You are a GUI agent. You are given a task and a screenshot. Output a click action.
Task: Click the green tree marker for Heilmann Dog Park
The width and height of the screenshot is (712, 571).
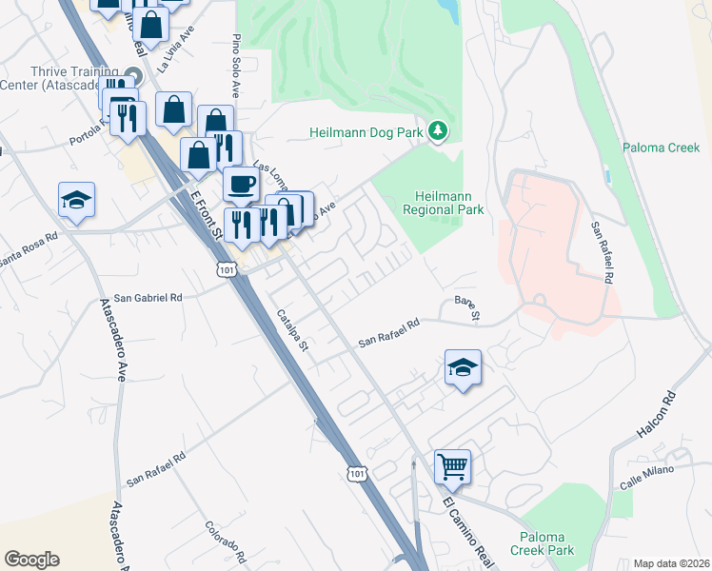pos(437,131)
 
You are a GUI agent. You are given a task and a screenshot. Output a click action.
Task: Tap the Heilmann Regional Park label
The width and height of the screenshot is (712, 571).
pos(443,202)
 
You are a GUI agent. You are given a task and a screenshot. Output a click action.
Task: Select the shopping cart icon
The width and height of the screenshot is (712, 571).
pos(453,466)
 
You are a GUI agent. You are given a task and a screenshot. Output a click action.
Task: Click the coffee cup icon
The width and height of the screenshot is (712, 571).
pos(241,183)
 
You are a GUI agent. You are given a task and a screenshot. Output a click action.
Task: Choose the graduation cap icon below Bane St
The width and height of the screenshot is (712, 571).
pos(463,366)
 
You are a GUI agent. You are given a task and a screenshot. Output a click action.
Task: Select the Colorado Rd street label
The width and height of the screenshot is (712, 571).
pos(226,541)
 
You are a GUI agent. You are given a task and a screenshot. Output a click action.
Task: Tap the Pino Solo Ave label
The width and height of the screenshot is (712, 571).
pos(234,68)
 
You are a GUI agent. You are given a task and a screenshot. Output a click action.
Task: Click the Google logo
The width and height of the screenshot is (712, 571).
pos(31,560)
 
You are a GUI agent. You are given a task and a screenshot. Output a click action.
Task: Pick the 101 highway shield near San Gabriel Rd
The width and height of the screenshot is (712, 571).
pos(226,270)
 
